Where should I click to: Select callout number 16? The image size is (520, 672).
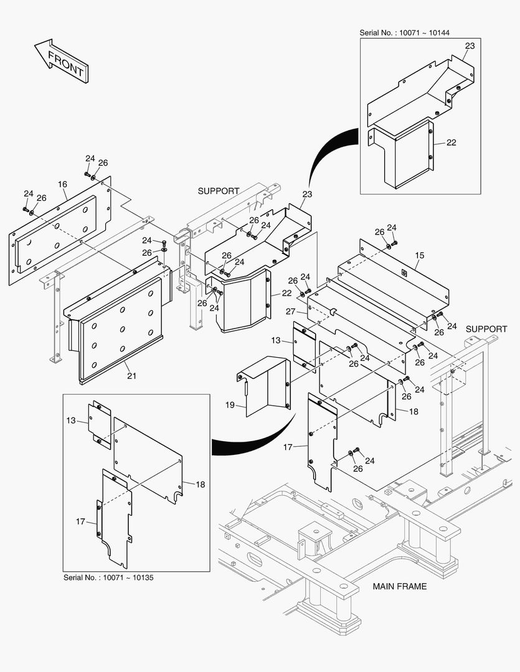coord(62,185)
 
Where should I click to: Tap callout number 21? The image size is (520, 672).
coord(131,375)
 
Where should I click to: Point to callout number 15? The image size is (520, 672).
coord(419,256)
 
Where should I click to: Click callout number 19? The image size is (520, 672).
coord(230,405)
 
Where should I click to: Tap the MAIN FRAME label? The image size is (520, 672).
coord(399,586)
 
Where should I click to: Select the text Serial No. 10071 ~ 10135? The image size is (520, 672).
coord(108,577)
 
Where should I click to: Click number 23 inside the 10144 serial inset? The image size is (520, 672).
coord(470,45)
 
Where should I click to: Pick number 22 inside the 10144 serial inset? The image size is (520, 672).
coord(451,142)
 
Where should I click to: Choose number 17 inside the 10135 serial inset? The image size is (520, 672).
coord(81,521)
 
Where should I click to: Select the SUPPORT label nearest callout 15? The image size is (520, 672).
coord(486,329)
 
